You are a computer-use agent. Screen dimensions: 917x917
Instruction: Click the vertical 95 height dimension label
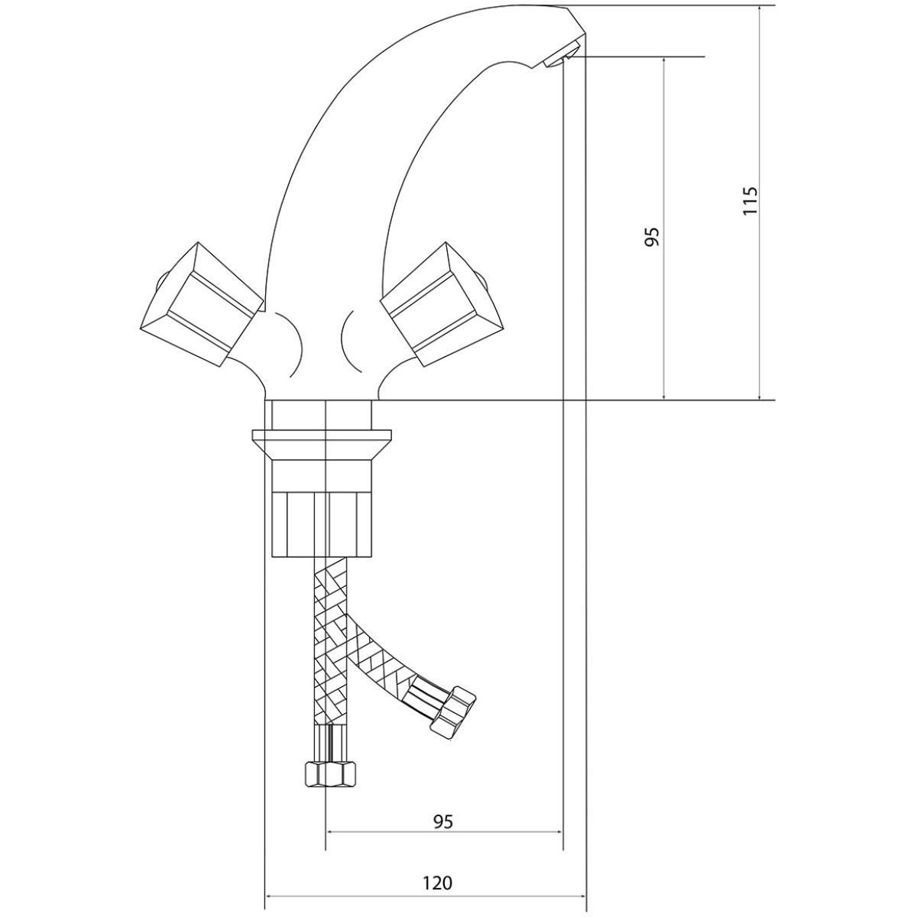(653, 236)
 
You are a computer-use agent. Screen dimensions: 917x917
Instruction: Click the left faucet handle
(203, 306)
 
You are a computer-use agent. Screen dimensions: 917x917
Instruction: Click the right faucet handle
(442, 305)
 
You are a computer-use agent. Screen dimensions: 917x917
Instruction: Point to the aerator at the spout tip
(562, 55)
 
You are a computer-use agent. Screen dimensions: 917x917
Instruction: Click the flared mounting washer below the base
(322, 444)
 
